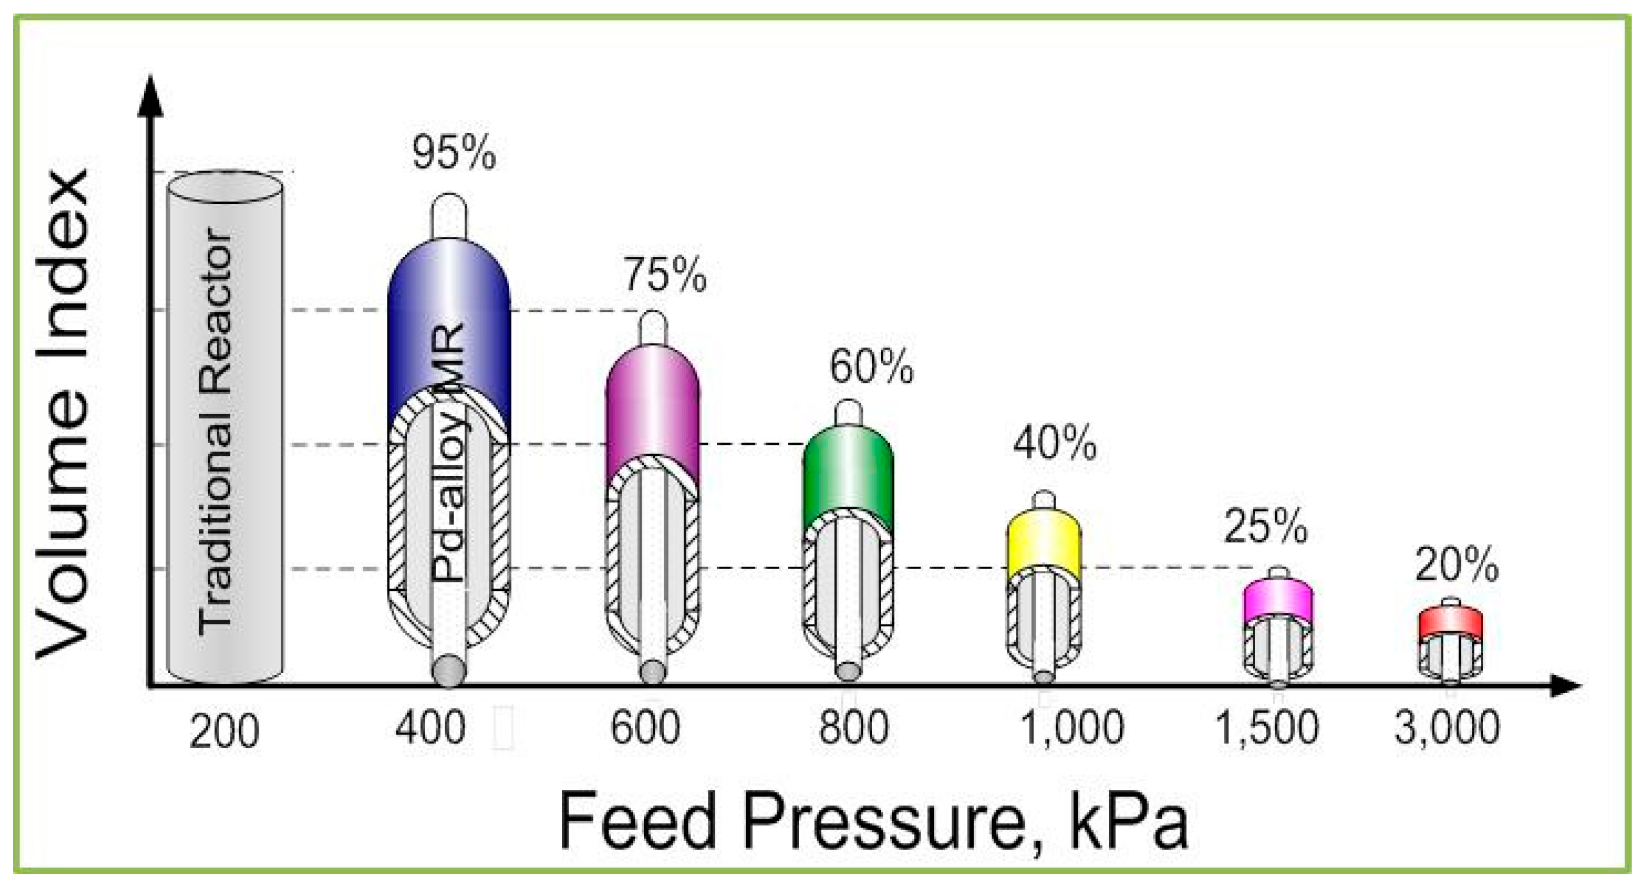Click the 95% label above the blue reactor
click(453, 153)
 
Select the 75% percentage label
click(665, 275)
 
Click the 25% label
click(1265, 526)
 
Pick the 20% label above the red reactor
click(1457, 564)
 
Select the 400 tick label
click(430, 729)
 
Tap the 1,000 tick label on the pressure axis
click(1072, 728)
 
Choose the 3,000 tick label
click(1447, 728)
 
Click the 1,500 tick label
click(1266, 728)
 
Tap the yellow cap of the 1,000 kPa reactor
click(1044, 543)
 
